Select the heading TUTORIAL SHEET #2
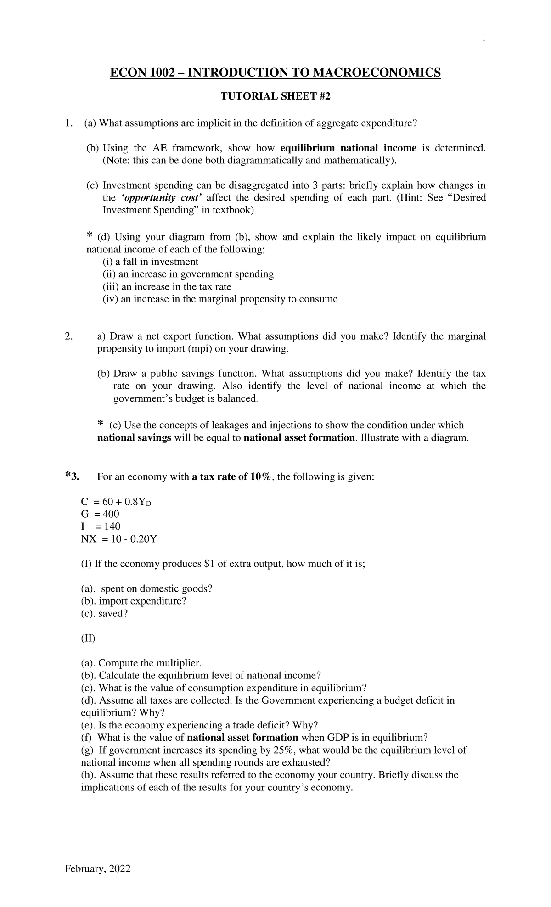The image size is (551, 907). click(275, 96)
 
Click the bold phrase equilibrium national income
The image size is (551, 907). click(348, 148)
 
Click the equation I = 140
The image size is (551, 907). click(100, 526)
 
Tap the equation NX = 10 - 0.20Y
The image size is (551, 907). click(118, 539)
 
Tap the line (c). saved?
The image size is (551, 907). click(104, 614)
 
